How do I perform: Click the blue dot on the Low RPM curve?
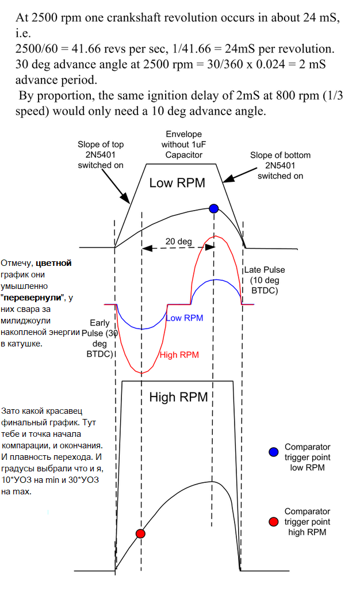point(214,208)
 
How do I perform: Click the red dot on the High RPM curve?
point(140,534)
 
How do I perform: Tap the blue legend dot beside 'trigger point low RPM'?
point(273,452)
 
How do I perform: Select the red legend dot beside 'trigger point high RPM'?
point(273,521)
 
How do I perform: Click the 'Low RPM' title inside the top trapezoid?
point(177,184)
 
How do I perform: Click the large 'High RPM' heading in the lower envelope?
point(178,397)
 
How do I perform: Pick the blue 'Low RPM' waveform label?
point(184,318)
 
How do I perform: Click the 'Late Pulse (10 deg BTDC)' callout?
point(265,280)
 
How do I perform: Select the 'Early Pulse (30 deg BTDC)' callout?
point(100,339)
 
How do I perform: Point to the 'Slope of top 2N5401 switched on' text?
point(100,155)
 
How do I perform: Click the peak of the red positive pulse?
point(215,237)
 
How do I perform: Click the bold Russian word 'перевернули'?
point(32,298)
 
